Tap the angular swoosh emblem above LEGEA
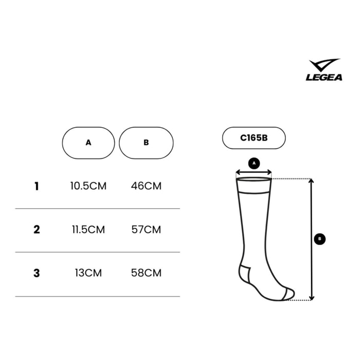325,66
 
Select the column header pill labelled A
88,142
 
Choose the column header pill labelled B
146,142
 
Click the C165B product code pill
254,138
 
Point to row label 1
37,186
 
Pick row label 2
37,230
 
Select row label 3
37,273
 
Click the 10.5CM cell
88,186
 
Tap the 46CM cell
146,186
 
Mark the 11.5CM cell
88,230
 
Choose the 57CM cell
146,230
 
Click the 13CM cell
88,273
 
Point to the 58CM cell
146,273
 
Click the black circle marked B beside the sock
319,239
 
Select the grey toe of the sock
289,294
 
